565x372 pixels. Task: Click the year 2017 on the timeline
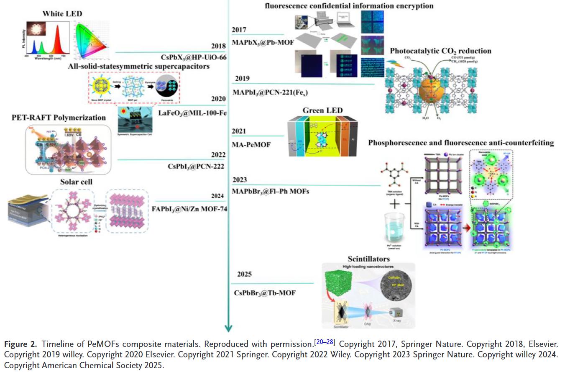pyautogui.click(x=239, y=30)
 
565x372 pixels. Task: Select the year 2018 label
pyautogui.click(x=218, y=46)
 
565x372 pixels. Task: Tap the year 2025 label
pyautogui.click(x=244, y=275)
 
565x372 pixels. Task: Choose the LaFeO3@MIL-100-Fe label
pyautogui.click(x=192, y=113)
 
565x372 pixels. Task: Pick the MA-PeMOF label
pyautogui.click(x=251, y=145)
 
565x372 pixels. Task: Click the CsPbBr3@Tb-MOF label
pyautogui.click(x=264, y=293)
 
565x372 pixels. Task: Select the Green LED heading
pyautogui.click(x=322, y=110)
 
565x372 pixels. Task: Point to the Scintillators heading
pyautogui.click(x=368, y=259)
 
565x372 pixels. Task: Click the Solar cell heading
pyautogui.click(x=76, y=182)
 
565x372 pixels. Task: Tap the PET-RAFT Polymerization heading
pyautogui.click(x=59, y=118)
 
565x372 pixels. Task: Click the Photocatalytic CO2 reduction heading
pyautogui.click(x=440, y=51)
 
